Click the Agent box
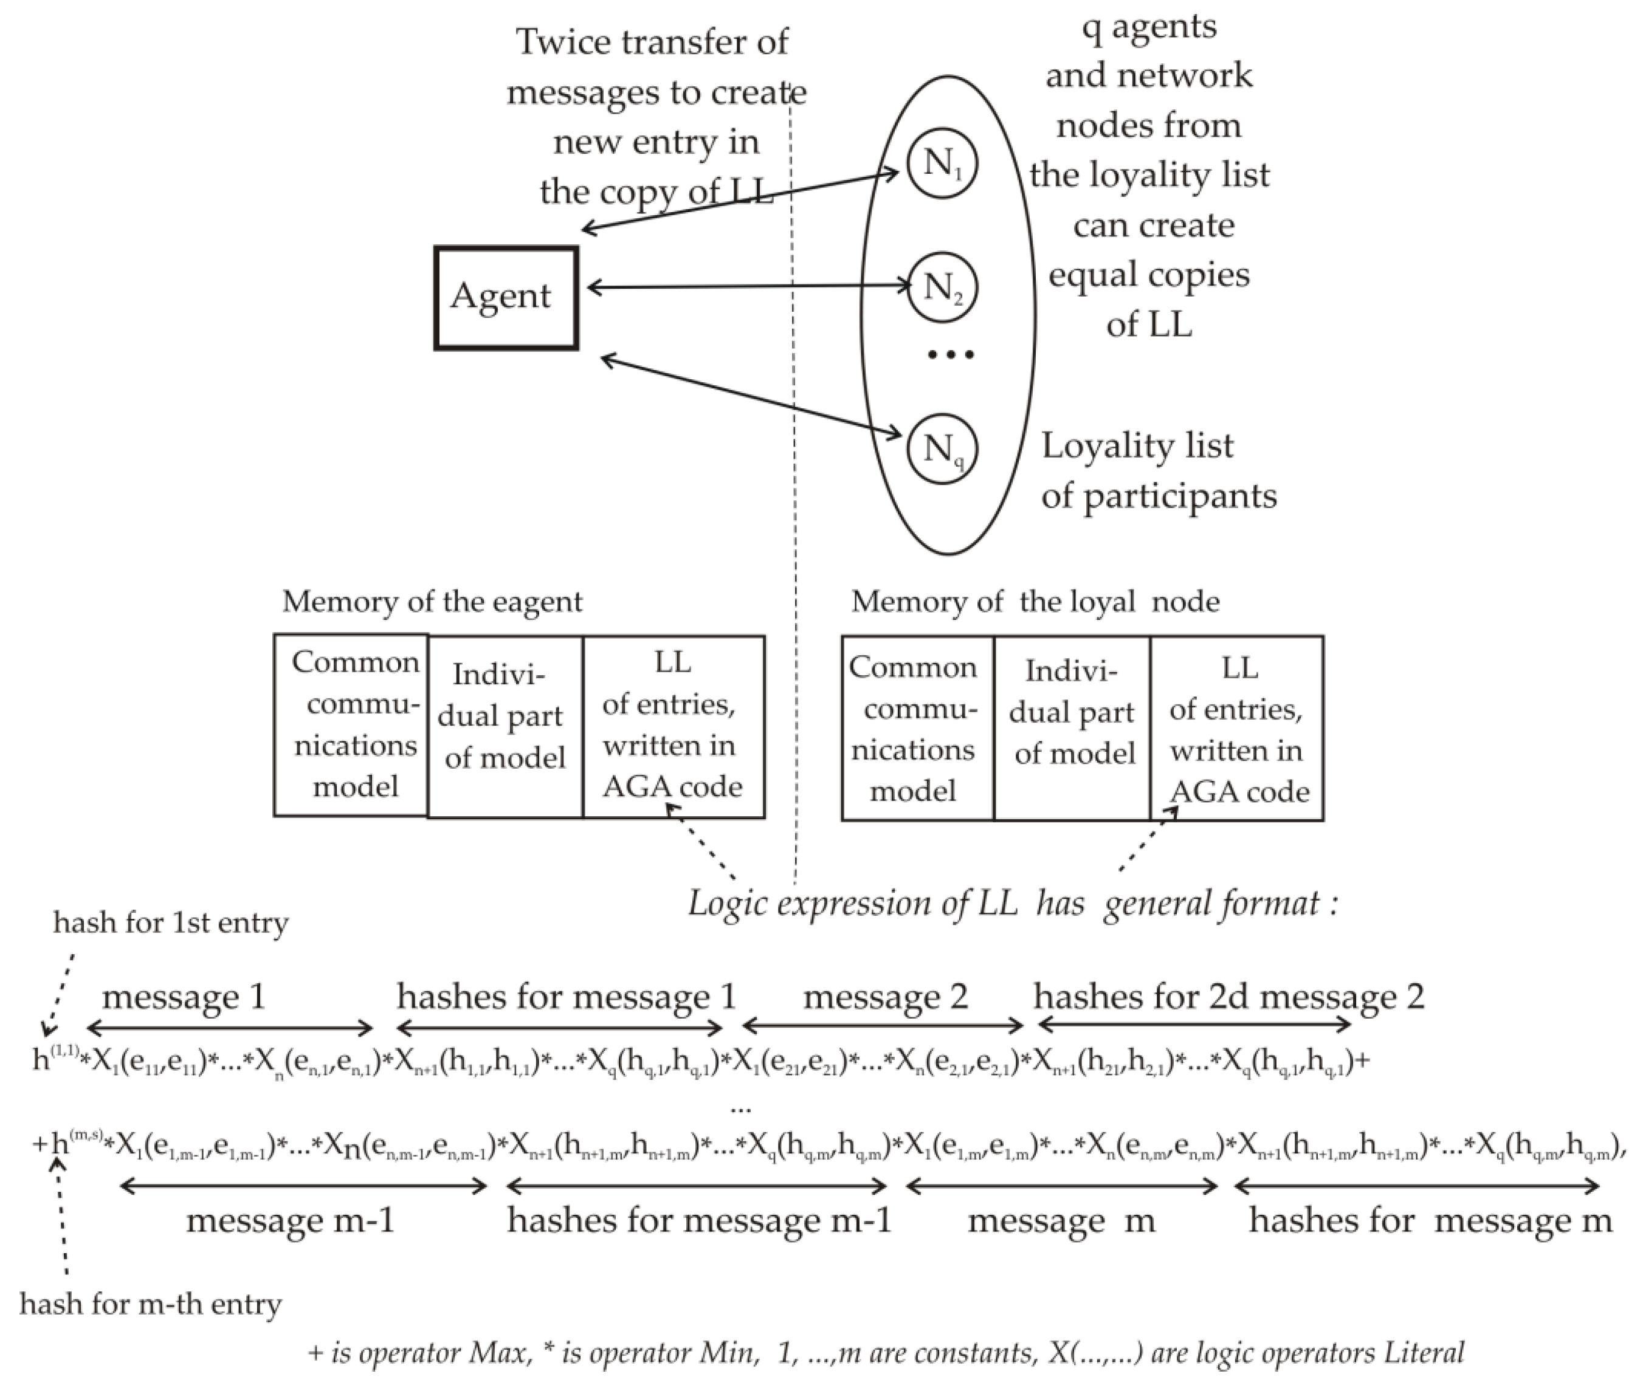(x=506, y=298)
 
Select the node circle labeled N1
(x=943, y=164)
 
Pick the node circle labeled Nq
(x=943, y=449)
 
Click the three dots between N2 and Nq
(x=951, y=354)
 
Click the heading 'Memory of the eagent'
(x=432, y=602)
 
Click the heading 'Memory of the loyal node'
(x=1035, y=602)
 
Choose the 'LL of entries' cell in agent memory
(x=674, y=725)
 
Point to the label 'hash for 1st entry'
(x=171, y=923)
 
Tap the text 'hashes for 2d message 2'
(x=1228, y=996)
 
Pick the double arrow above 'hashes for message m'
(x=1417, y=1185)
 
